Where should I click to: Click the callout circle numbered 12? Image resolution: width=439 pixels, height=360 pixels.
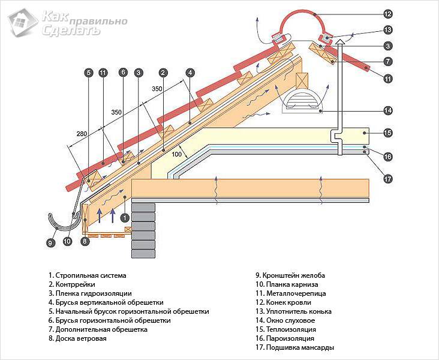coord(388,13)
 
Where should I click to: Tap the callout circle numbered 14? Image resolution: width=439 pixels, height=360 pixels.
coord(388,110)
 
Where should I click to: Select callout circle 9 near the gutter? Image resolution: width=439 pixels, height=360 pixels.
coord(50,243)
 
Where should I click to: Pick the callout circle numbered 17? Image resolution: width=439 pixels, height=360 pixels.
coord(388,178)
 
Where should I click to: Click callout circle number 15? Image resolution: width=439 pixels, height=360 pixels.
coord(388,133)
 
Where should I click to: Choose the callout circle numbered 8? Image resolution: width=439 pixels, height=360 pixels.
coord(85,242)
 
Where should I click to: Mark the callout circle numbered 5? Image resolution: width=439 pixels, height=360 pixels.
coord(88,73)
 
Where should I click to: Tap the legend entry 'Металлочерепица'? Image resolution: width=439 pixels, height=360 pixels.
coord(293,294)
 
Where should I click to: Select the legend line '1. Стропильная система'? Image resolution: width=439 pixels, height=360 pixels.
coord(88,276)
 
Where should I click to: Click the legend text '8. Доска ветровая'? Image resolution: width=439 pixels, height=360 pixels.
coord(78,338)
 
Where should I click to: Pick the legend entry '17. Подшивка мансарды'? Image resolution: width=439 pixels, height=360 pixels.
coord(294,347)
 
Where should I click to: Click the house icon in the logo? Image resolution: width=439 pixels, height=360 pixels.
coord(22,23)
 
